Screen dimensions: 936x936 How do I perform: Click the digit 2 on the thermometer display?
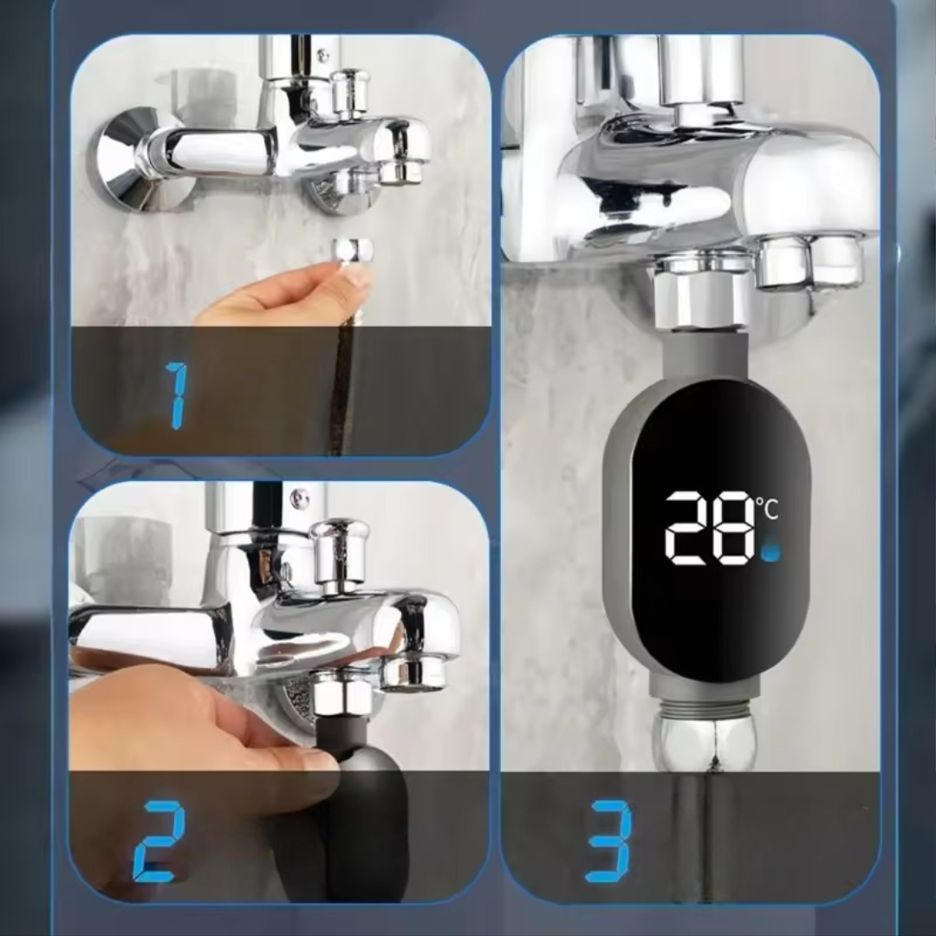(687, 528)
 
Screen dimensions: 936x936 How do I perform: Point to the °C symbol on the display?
(768, 508)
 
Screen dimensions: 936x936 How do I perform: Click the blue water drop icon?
(771, 552)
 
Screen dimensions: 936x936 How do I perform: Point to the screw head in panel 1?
(323, 56)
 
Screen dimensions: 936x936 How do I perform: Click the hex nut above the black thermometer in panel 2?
(341, 693)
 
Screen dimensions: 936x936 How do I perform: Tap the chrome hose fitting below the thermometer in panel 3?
(705, 744)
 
